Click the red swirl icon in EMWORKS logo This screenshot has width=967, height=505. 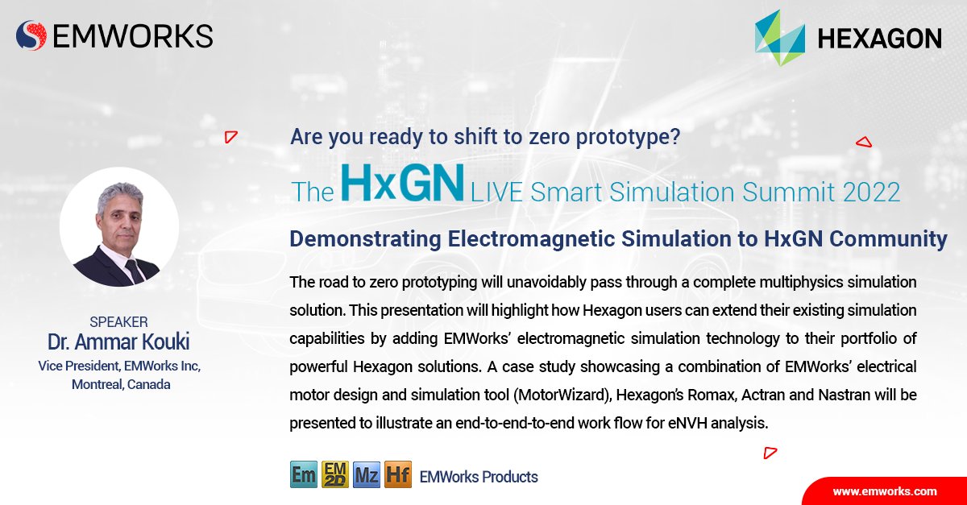(31, 35)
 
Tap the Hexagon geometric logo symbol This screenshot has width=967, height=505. (779, 38)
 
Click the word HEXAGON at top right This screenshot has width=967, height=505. (879, 38)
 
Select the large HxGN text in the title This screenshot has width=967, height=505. (402, 183)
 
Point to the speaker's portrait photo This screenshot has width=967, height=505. (119, 227)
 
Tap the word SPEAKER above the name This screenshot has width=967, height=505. (119, 322)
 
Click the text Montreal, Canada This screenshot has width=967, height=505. (121, 384)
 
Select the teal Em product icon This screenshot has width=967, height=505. (304, 474)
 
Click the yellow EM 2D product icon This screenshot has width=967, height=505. (335, 474)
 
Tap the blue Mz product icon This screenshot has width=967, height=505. (367, 474)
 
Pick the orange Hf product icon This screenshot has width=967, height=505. (398, 474)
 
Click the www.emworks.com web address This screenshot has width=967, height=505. (884, 491)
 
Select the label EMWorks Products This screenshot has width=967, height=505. (479, 477)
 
